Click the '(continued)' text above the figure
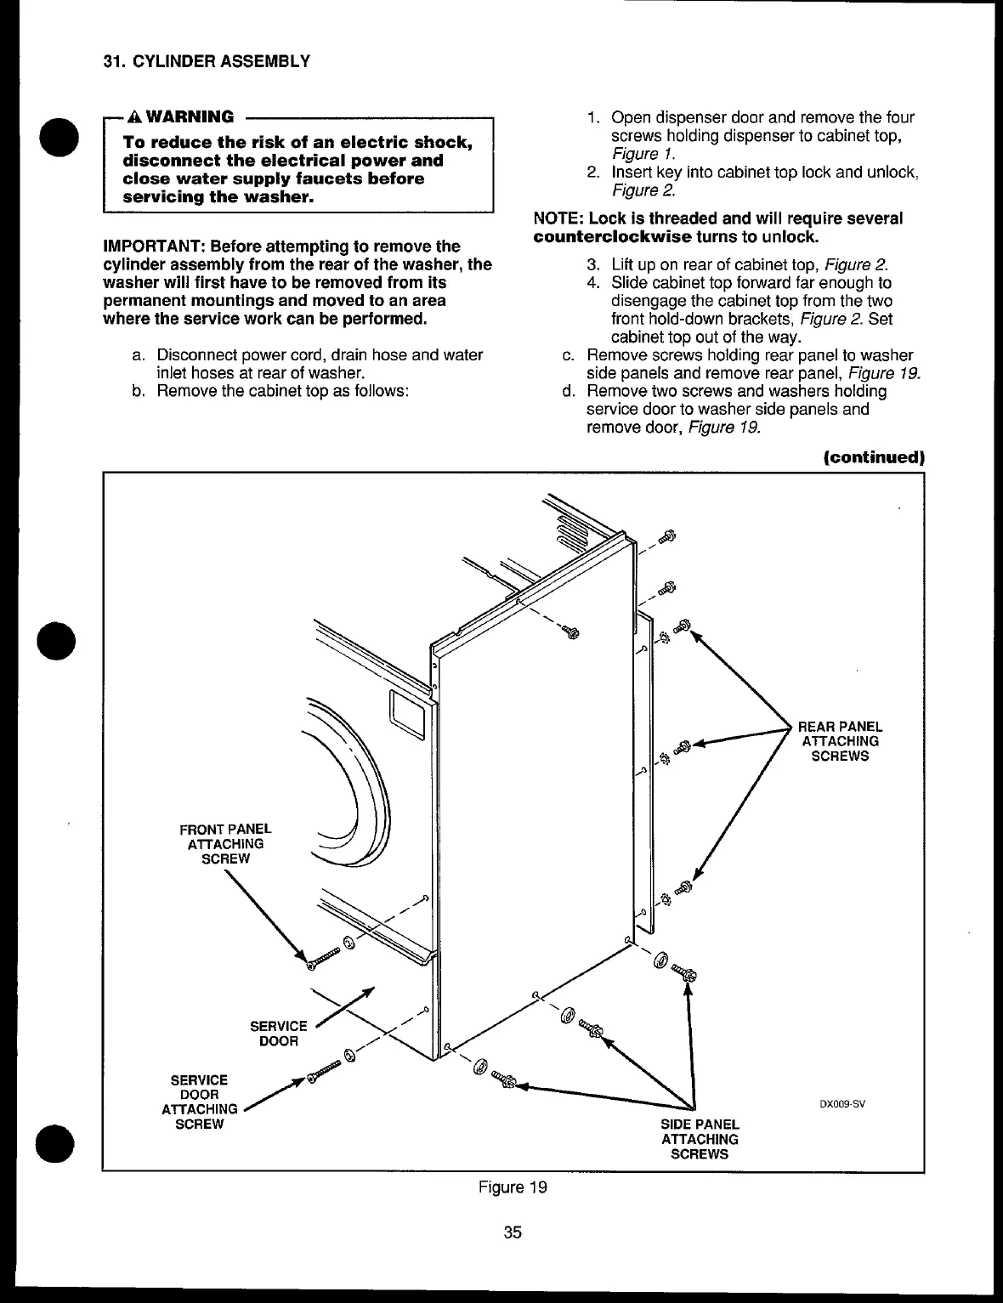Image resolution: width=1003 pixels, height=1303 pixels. (x=872, y=456)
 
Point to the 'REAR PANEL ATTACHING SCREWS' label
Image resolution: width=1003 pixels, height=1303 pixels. (x=840, y=741)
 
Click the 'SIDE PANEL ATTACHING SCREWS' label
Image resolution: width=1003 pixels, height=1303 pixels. (x=700, y=1139)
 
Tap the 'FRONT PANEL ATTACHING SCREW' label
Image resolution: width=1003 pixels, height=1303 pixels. (x=225, y=843)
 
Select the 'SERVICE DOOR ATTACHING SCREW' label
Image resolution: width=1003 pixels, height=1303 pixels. (x=199, y=1102)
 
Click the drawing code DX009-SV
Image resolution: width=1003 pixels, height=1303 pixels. (x=841, y=1105)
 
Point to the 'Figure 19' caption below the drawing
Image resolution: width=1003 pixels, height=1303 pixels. (x=512, y=1187)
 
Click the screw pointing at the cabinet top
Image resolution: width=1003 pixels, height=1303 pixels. (x=570, y=632)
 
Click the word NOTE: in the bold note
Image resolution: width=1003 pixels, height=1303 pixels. (x=558, y=218)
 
